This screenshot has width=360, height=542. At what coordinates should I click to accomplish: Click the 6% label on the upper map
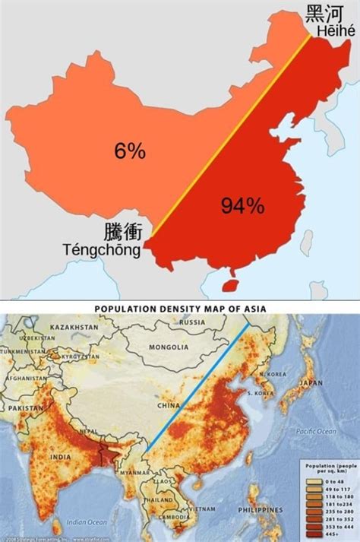[x=130, y=151]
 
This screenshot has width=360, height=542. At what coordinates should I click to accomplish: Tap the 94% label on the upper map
[x=242, y=204]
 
